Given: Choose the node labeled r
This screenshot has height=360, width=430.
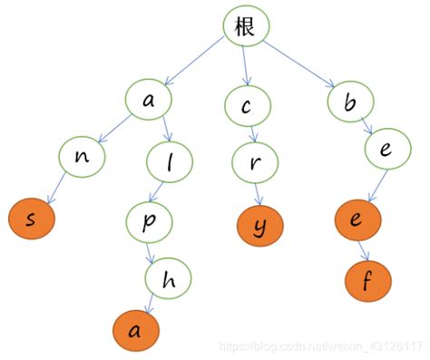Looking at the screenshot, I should point(257,161).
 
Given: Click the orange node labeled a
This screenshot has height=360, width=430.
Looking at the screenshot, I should point(135,331).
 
